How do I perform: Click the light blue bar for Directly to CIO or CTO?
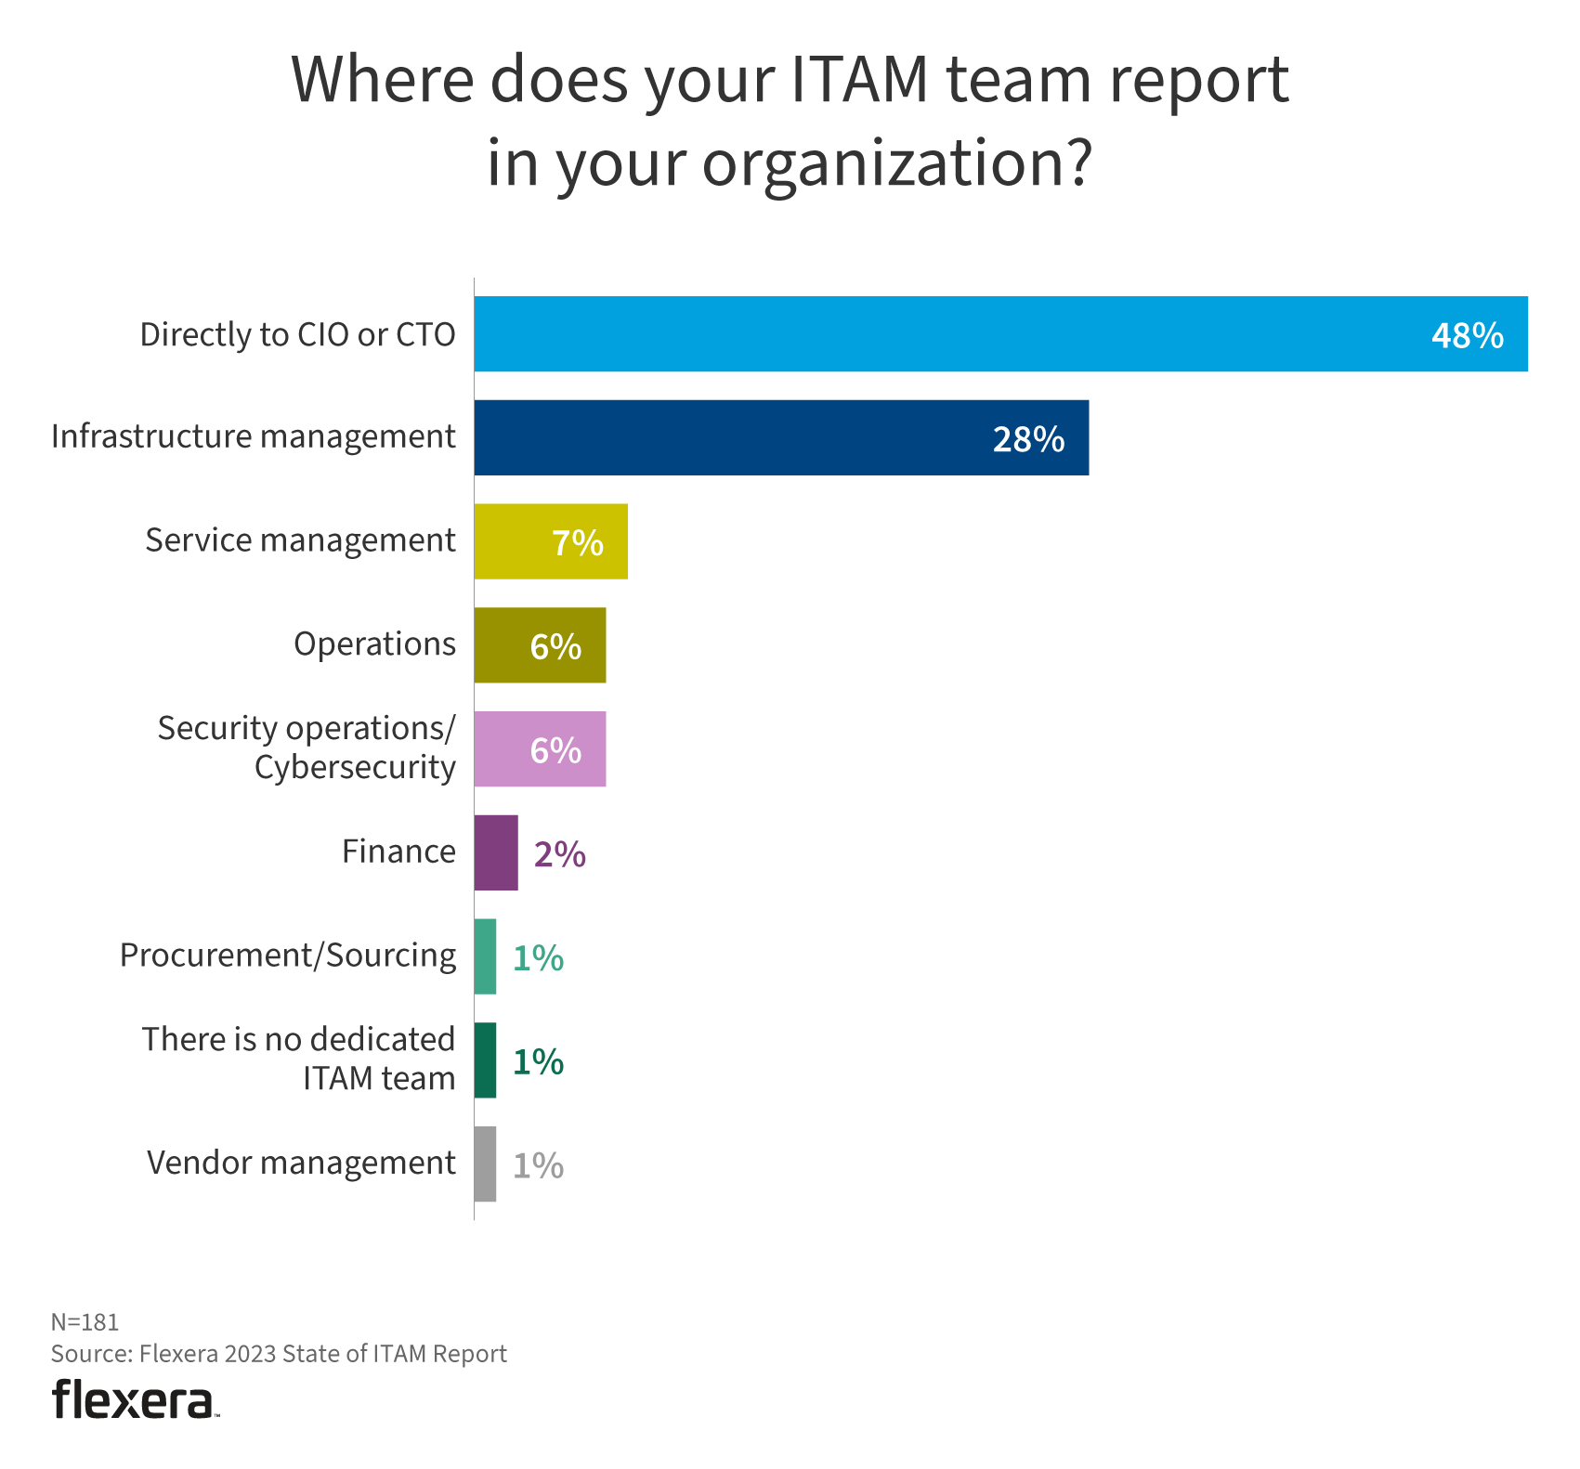929,334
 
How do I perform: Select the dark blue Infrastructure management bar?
743,438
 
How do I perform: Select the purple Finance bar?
496,853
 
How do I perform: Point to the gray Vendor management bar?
485,1164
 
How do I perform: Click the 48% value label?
1467,335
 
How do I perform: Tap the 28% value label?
1028,439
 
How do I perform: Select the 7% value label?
577,543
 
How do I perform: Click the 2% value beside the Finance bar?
559,854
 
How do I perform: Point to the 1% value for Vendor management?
538,1165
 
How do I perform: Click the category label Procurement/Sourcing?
288,955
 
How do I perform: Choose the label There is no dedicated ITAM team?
298,1059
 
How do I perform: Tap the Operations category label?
374,644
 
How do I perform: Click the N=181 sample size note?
85,1322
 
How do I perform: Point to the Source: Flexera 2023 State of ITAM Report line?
279,1354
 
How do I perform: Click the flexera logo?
135,1399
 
